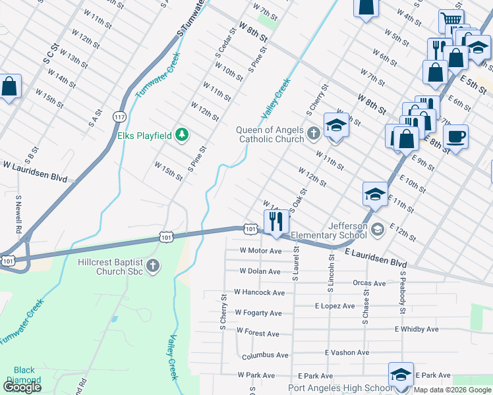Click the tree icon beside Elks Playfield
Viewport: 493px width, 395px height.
[182, 136]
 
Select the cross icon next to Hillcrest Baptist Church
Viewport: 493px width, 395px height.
[153, 266]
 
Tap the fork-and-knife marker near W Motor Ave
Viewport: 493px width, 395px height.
[276, 222]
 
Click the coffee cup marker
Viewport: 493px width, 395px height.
[455, 137]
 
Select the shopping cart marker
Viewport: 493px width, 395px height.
[451, 20]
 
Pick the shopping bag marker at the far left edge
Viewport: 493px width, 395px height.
[9, 86]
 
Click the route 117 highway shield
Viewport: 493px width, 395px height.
[119, 117]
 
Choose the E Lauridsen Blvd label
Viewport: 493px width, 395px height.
[376, 257]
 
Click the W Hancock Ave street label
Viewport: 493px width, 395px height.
[259, 292]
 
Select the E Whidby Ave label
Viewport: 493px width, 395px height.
[417, 329]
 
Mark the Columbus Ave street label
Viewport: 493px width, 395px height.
[265, 355]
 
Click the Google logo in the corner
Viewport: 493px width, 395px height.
[22, 387]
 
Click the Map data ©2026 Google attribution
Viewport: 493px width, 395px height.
[452, 390]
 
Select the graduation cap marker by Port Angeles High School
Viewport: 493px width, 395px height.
[400, 374]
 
